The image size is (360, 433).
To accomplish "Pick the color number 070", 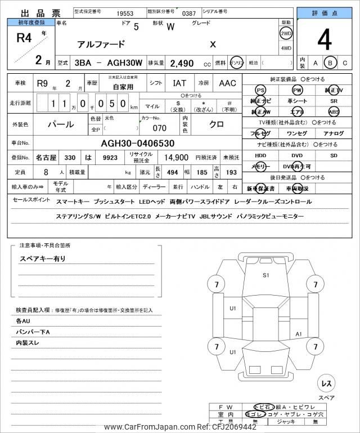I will click(x=160, y=128).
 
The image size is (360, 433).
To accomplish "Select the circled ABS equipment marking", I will click(x=334, y=111).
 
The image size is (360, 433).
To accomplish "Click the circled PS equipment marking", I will click(x=260, y=90).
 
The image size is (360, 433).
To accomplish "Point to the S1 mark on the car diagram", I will click(x=266, y=275).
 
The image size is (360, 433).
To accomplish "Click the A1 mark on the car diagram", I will click(x=299, y=334).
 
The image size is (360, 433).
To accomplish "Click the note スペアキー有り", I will click(x=43, y=258).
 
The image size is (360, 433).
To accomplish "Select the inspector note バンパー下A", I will click(x=33, y=331).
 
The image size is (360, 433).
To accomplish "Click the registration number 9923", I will click(x=110, y=158).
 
